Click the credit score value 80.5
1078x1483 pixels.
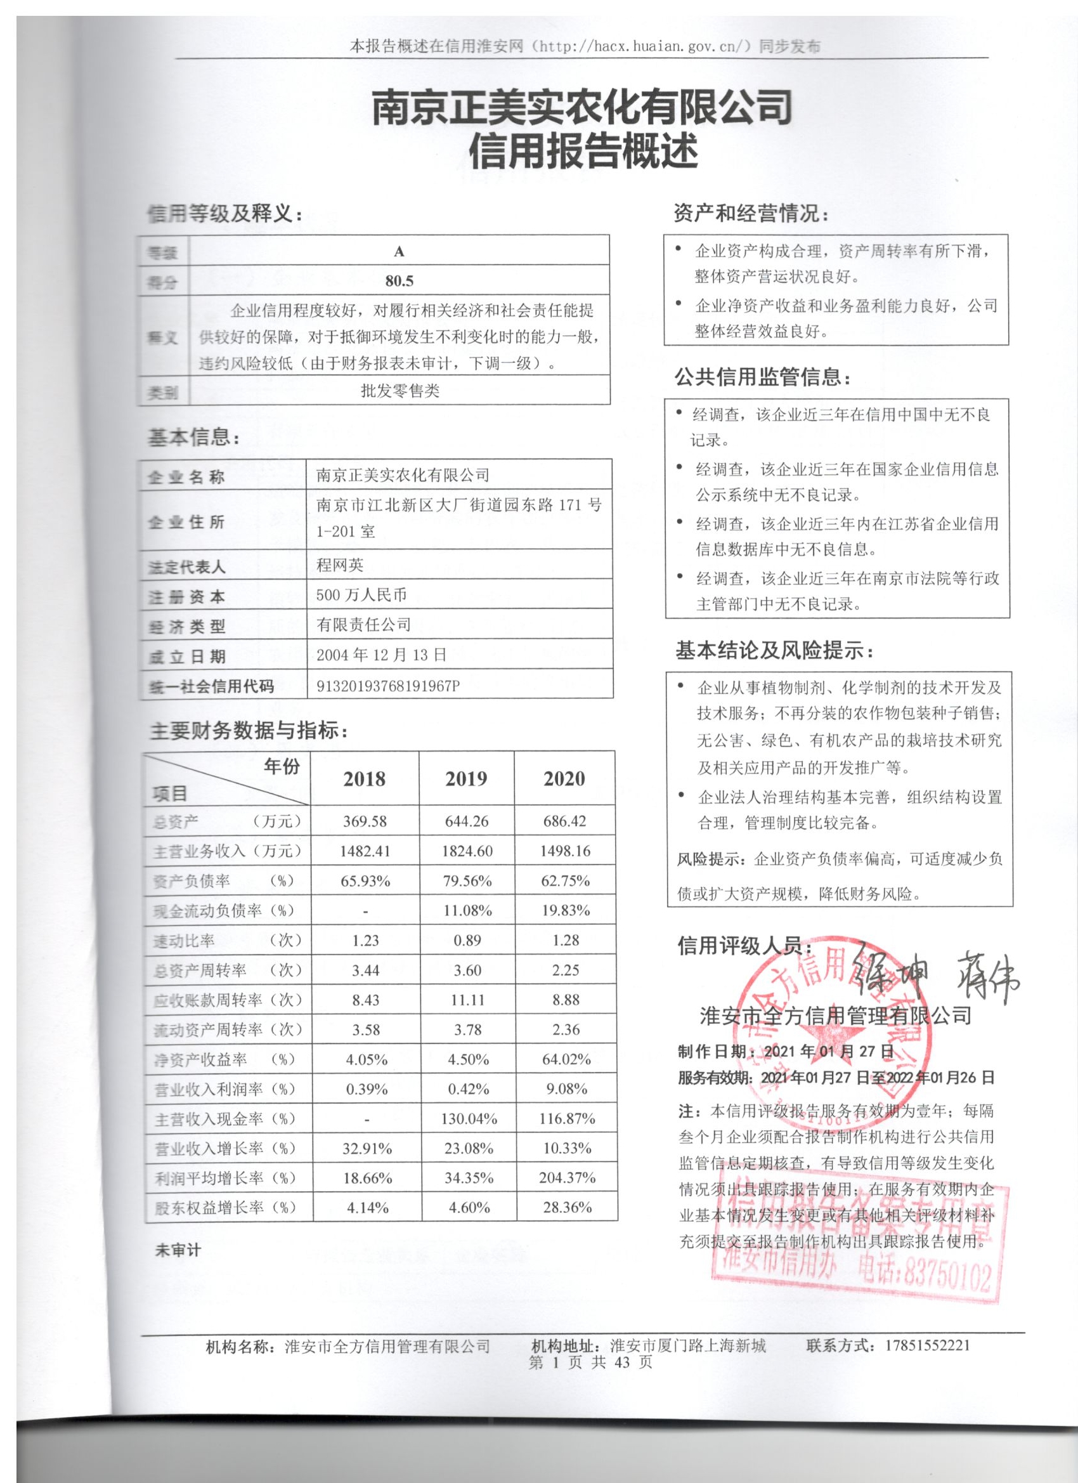coord(399,281)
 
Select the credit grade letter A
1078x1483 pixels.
coord(399,252)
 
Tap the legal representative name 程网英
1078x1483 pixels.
coord(340,565)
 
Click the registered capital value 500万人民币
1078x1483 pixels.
coord(361,594)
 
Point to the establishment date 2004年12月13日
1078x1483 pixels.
coord(381,655)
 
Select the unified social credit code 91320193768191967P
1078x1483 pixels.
coord(388,685)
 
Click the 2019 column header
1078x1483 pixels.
coord(466,779)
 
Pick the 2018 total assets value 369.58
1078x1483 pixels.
coord(365,821)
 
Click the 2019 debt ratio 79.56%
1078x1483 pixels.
coord(467,881)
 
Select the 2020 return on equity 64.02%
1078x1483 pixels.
coord(566,1059)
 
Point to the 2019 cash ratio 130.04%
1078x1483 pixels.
coord(469,1119)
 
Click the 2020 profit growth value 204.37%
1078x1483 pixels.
coord(567,1179)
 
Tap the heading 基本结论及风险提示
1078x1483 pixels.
coord(775,651)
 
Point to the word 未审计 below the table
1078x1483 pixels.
coord(178,1251)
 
